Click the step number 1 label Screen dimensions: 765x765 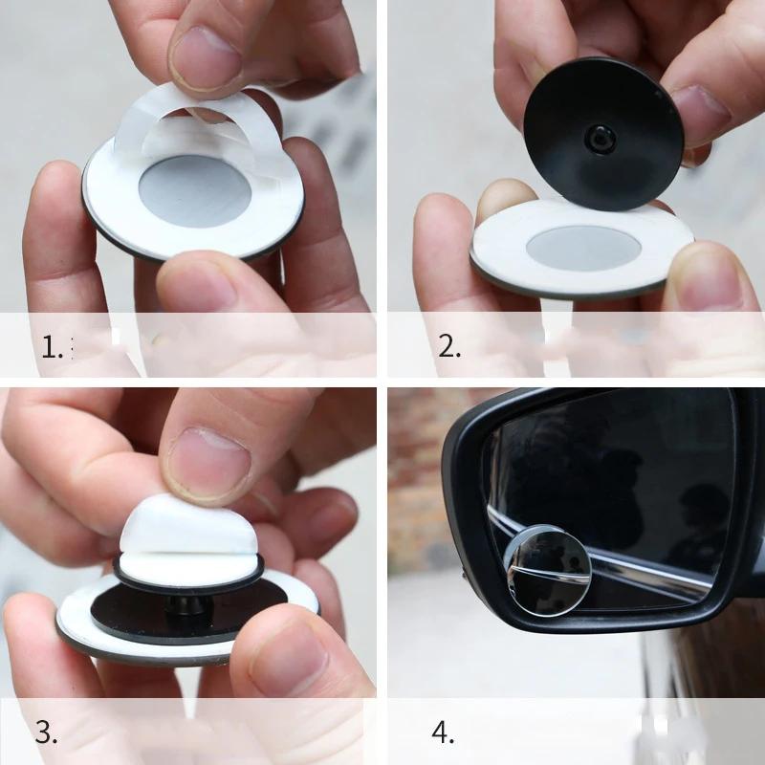52,345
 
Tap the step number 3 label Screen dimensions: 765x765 47,732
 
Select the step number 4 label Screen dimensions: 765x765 443,732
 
